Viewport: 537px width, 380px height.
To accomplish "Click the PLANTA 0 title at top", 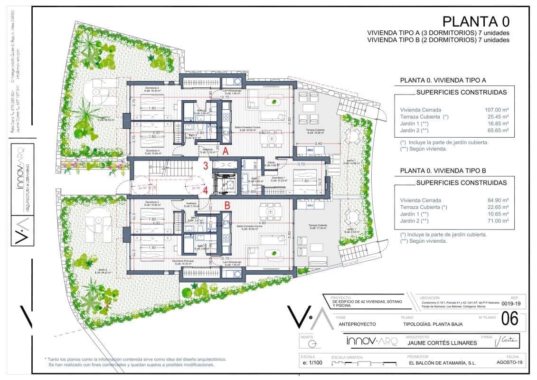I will pyautogui.click(x=476, y=21).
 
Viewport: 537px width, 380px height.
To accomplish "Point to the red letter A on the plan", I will pyautogui.click(x=226, y=152).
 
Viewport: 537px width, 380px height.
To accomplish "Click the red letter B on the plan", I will pyautogui.click(x=227, y=206).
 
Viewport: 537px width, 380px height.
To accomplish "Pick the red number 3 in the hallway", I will pyautogui.click(x=206, y=166).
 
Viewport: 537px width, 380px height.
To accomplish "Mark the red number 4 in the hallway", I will pyautogui.click(x=206, y=190).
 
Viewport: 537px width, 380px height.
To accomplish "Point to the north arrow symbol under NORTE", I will pyautogui.click(x=311, y=343).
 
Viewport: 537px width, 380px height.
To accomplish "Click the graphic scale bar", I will pyautogui.click(x=364, y=363).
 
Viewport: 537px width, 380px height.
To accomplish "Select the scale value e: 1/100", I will pyautogui.click(x=311, y=363).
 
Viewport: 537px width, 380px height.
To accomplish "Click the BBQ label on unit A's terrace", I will pyautogui.click(x=311, y=151).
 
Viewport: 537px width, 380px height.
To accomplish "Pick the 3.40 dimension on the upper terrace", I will pyautogui.click(x=319, y=142).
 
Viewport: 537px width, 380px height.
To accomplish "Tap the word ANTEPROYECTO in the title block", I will pyautogui.click(x=357, y=324).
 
